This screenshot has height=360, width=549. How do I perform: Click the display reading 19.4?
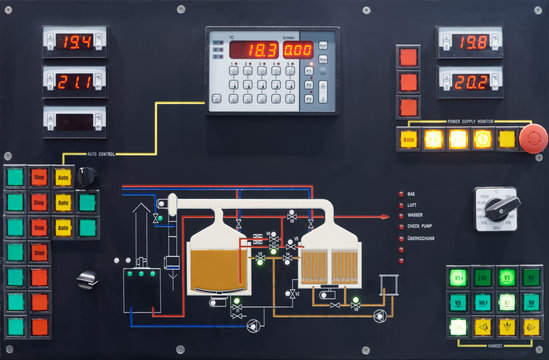[x=75, y=42]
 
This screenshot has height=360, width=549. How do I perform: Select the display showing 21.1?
[x=75, y=81]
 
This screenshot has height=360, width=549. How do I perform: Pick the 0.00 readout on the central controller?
[x=297, y=49]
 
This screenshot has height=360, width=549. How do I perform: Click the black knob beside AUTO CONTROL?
[x=87, y=176]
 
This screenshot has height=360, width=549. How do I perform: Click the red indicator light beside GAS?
[x=399, y=192]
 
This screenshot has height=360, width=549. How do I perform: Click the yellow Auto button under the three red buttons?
[x=408, y=140]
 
